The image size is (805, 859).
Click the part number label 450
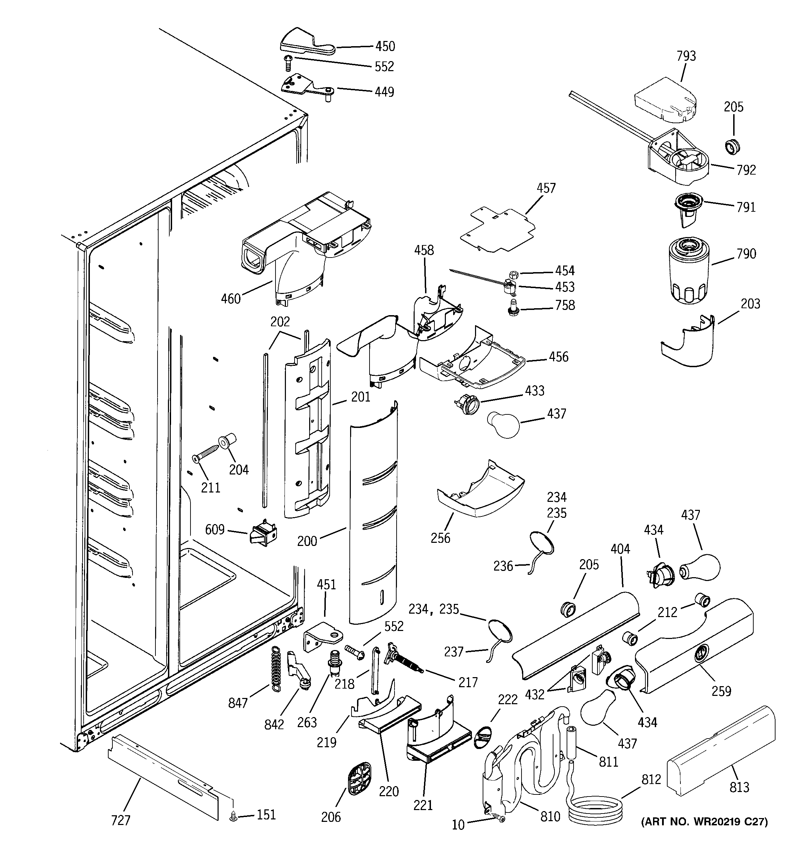(384, 46)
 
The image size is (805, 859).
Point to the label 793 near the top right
(686, 56)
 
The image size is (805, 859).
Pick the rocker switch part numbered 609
(263, 536)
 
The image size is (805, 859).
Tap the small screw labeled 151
(233, 816)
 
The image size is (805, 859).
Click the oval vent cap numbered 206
(359, 778)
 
